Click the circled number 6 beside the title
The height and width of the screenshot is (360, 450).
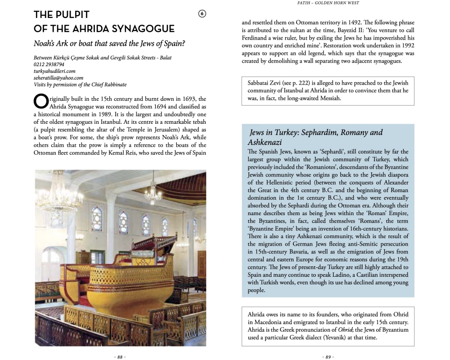[x=202, y=14]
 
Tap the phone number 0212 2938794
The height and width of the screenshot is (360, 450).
[x=49, y=64]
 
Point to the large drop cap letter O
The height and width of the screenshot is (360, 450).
[x=40, y=102]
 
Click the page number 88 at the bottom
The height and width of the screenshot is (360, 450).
[x=120, y=357]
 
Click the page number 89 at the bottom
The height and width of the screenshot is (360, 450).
[x=328, y=357]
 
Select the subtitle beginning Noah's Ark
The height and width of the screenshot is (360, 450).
[x=109, y=44]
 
